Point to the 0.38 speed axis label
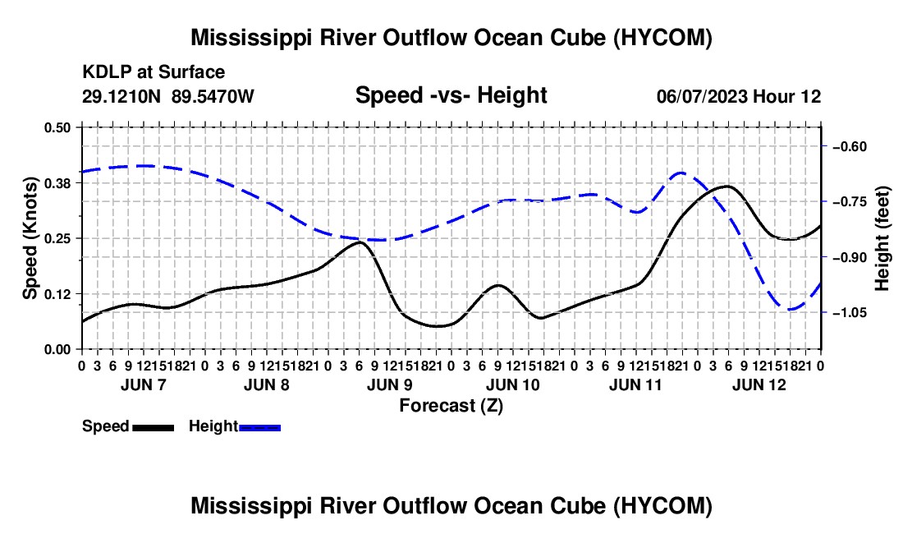coord(57,183)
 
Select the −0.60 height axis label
coord(850,146)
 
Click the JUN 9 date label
coord(389,384)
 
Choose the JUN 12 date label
coord(759,384)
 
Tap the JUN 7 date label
coord(144,384)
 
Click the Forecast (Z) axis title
coord(451,406)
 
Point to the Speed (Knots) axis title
coord(30,238)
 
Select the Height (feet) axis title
coord(882,238)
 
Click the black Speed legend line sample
coord(154,427)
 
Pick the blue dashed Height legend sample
coord(259,427)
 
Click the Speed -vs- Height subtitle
coord(451,95)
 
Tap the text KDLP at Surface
coord(154,72)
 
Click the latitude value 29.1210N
coord(121,96)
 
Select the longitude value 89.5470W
coord(213,96)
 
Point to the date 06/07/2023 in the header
coord(702,96)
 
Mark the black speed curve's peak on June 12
coord(727,186)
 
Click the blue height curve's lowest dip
coord(791,310)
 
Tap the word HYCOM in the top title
coord(662,38)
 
